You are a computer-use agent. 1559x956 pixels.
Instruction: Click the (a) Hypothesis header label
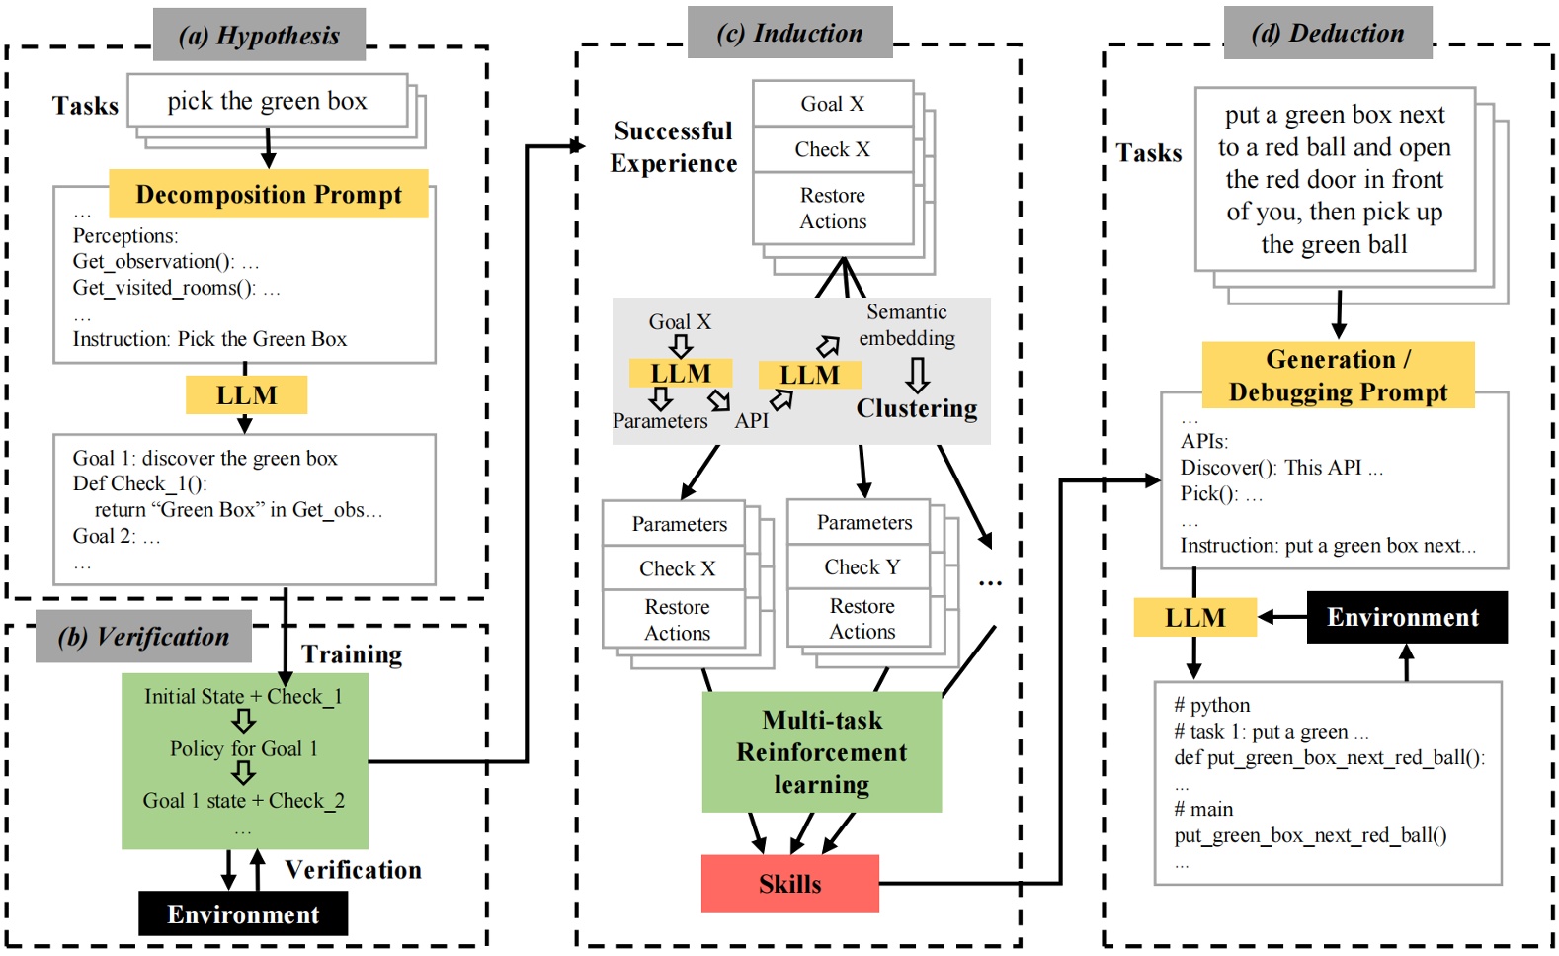(x=259, y=36)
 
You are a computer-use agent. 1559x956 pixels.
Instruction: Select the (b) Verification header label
(x=143, y=637)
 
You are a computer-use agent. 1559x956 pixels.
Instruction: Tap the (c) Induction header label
(x=789, y=33)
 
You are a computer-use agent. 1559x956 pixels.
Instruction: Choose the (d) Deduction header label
(x=1327, y=33)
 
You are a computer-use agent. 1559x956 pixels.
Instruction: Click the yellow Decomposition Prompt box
(x=269, y=194)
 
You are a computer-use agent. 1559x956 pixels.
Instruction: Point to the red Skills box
(x=789, y=884)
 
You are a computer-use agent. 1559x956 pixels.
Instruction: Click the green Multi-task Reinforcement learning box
(x=822, y=752)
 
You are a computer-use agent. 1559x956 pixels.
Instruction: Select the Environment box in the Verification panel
(x=243, y=913)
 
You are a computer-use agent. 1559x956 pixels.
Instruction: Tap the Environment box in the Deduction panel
(x=1406, y=617)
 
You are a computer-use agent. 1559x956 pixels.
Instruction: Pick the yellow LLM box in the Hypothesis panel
(x=246, y=395)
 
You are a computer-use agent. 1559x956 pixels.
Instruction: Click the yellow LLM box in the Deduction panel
(x=1194, y=618)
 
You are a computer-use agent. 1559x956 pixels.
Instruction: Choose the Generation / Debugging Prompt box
(x=1338, y=376)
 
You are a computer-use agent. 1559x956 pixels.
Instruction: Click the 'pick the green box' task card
(x=267, y=101)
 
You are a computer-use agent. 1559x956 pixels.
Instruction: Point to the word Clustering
(x=916, y=408)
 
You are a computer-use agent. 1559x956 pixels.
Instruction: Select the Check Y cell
(x=862, y=566)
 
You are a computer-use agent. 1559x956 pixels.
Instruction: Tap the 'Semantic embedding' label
(x=906, y=325)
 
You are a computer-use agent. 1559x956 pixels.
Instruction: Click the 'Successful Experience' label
(x=673, y=147)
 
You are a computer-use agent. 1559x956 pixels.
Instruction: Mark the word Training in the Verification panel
(x=352, y=654)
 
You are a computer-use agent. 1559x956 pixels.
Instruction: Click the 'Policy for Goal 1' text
(x=243, y=748)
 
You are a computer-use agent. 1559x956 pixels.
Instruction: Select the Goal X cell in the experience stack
(x=832, y=104)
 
